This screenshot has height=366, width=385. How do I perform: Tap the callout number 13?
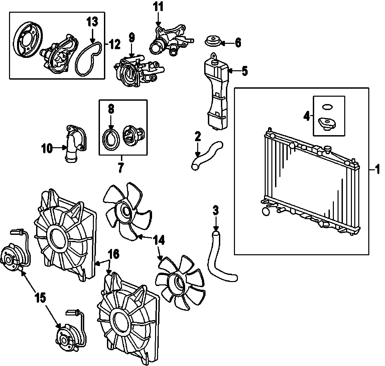[93, 22]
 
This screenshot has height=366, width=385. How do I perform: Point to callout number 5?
[245, 71]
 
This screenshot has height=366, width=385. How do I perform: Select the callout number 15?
[40, 298]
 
